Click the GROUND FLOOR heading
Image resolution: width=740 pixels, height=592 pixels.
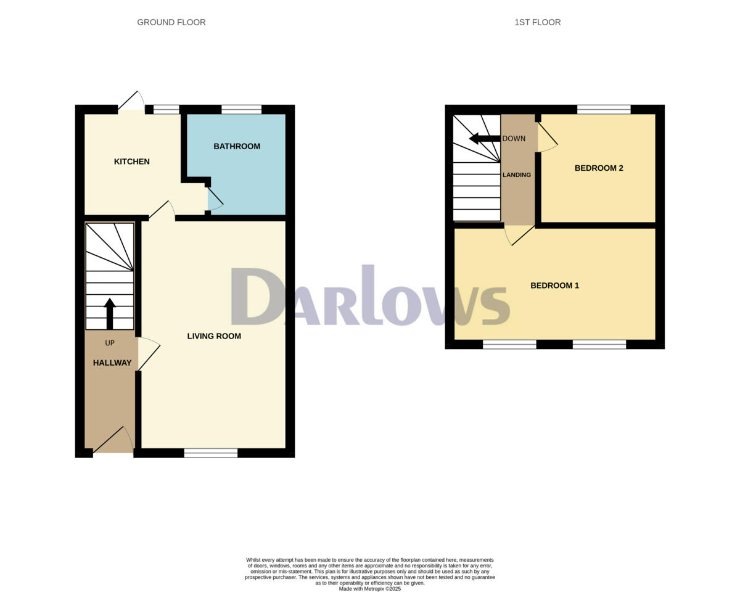[171, 22]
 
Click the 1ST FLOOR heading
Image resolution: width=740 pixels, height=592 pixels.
[537, 22]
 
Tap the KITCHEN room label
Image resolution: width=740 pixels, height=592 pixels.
[131, 162]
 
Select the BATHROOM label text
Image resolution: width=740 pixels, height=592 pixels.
[237, 146]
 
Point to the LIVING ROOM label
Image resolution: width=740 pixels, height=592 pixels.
[214, 336]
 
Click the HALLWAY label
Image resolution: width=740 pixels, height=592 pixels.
[112, 363]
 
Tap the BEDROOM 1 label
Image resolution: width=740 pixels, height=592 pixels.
[554, 286]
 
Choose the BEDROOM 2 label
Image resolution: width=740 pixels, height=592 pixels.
[599, 168]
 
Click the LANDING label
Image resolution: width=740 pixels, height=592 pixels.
[517, 175]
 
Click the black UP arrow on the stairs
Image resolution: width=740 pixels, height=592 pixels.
[110, 313]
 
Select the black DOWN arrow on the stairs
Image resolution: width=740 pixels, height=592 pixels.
[484, 138]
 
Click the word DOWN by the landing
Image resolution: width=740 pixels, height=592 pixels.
[514, 138]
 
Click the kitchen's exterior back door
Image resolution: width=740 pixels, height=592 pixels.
[131, 102]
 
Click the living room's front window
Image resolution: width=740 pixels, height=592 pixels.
[210, 453]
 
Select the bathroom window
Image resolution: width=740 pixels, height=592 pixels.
[241, 110]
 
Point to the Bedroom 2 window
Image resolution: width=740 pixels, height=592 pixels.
[604, 110]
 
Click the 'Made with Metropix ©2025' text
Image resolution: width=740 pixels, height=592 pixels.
[369, 589]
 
